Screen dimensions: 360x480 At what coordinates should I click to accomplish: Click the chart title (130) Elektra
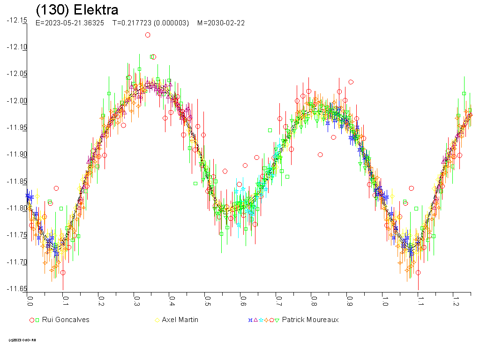point(77,10)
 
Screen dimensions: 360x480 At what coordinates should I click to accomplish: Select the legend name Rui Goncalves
point(66,320)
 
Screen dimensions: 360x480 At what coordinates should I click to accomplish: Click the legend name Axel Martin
point(180,320)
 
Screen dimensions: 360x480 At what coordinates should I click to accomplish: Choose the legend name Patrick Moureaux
point(310,320)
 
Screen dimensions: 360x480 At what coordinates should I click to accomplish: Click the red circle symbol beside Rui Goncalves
point(32,320)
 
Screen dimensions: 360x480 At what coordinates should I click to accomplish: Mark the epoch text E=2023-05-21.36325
point(70,23)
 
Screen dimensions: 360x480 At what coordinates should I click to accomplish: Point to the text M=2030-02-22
point(221,23)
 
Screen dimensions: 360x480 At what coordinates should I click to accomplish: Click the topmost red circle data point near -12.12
point(148,35)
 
